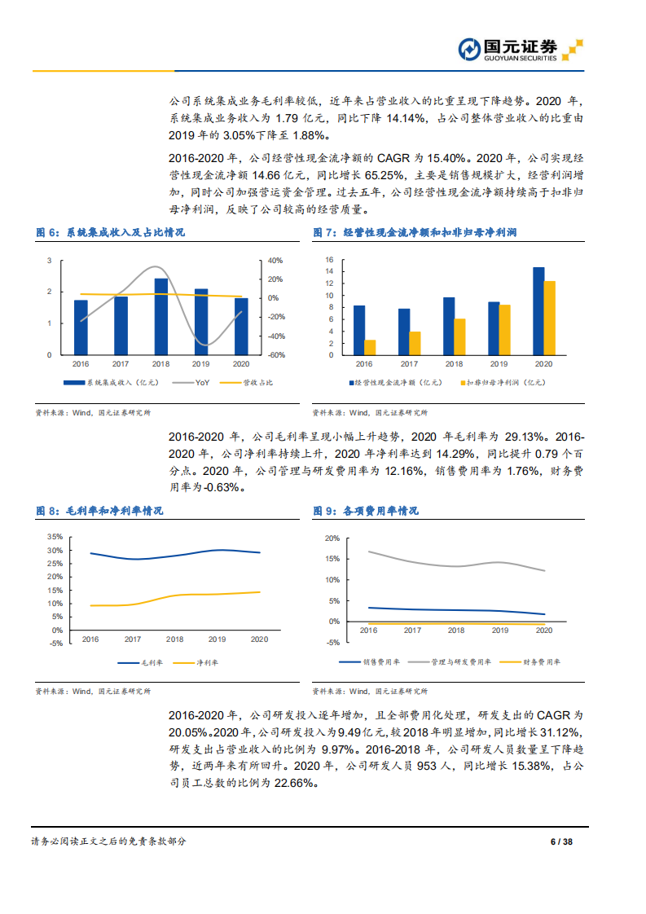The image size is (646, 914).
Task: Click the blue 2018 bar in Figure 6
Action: (x=161, y=317)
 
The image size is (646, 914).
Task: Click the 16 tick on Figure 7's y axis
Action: (x=330, y=260)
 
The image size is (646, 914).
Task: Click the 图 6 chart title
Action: (x=110, y=233)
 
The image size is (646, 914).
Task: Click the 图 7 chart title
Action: (x=415, y=233)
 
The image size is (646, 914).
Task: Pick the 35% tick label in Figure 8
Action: (x=55, y=537)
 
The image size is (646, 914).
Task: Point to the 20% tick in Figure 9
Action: (x=332, y=538)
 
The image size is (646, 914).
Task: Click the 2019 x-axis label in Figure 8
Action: (x=217, y=639)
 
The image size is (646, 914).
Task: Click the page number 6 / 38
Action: (x=561, y=841)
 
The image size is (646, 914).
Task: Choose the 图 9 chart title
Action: (x=366, y=511)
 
